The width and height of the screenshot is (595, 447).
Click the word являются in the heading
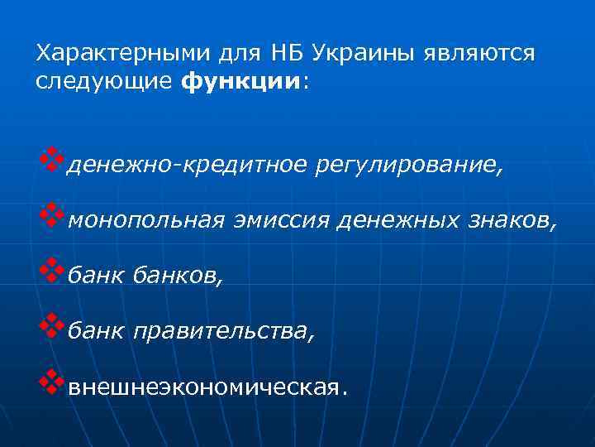tap(479, 54)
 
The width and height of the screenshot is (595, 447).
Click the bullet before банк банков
tap(50, 271)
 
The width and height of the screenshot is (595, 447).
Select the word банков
tap(183, 275)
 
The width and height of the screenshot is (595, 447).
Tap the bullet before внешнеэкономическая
tap(50, 382)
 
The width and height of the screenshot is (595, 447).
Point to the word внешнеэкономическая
tap(204, 387)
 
